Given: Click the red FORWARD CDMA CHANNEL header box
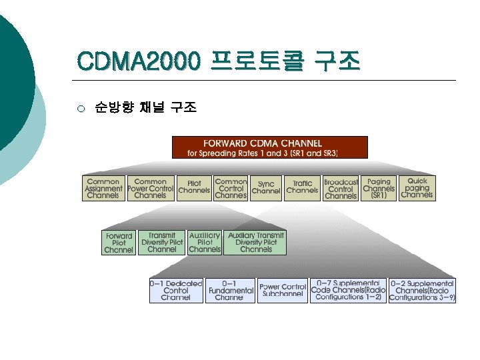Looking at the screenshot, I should tap(269, 147).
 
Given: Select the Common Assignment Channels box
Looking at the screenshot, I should tap(103, 188).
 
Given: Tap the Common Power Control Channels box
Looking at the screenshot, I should tap(151, 188).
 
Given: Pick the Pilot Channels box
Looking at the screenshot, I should tap(195, 188).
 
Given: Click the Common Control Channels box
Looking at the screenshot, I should tap(231, 188).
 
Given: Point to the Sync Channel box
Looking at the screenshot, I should tap(266, 188).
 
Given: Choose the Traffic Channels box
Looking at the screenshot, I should tap(302, 188).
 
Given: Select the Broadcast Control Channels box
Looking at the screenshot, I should tap(341, 188).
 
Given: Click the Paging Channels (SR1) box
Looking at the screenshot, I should tap(379, 188).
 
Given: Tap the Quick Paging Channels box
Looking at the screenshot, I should tap(417, 188).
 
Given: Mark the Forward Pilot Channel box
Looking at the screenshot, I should tap(119, 243).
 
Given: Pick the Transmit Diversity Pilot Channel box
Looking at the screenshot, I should tap(162, 243).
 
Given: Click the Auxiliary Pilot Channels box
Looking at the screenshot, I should tap(205, 243).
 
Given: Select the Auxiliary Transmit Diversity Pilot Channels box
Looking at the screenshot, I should tap(256, 243).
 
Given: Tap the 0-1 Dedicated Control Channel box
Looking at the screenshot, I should tap(176, 291).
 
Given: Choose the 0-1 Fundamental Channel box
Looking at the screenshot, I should tap(231, 291).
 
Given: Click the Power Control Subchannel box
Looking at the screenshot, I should tap(283, 291).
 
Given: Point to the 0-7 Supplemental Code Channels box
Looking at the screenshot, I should tap(348, 291).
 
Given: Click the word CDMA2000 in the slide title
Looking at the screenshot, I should tap(137, 62).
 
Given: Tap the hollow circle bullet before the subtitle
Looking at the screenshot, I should tap(81, 108).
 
